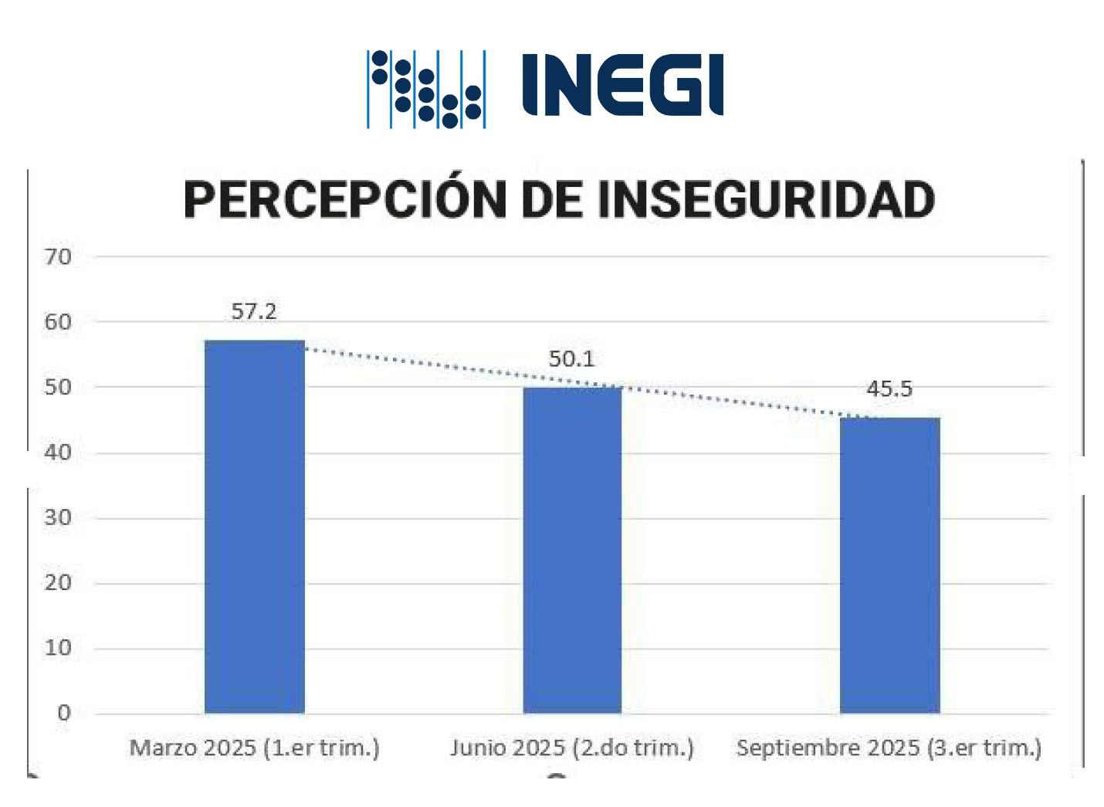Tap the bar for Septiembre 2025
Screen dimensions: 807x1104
[889, 565]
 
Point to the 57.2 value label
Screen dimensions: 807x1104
[254, 311]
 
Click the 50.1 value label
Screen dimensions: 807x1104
[571, 358]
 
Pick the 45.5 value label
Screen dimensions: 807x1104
[889, 388]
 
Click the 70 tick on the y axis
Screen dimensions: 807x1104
[58, 256]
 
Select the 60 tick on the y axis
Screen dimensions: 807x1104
[58, 322]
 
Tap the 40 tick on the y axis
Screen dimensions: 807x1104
[58, 453]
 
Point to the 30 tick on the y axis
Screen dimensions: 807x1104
[58, 517]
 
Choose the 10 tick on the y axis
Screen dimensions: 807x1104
[58, 648]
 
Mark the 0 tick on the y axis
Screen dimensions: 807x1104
[64, 713]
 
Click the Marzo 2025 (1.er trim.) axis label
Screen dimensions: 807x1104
[255, 748]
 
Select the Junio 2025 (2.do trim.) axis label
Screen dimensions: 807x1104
[572, 748]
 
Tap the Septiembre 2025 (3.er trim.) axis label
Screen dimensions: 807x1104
[889, 748]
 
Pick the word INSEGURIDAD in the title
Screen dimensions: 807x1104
[766, 199]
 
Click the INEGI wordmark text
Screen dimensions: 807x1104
[622, 85]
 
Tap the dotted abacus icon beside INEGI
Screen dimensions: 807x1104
[426, 89]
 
